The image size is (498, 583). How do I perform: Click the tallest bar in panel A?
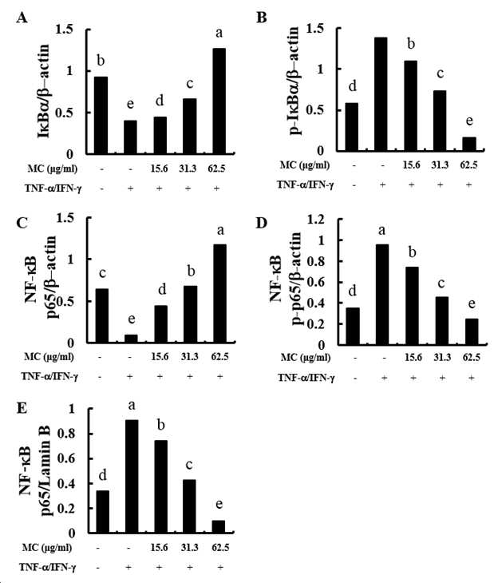tap(219, 101)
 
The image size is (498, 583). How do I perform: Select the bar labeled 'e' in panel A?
tap(130, 137)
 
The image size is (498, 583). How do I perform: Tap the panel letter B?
tap(262, 18)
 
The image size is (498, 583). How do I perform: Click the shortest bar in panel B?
tap(469, 144)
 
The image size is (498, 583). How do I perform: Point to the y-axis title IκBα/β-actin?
tap(44, 91)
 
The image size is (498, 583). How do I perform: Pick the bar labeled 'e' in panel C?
tap(131, 339)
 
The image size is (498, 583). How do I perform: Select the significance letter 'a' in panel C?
tap(220, 231)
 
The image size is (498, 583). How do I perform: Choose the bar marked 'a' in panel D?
tap(382, 295)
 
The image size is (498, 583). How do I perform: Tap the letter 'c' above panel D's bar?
tap(441, 284)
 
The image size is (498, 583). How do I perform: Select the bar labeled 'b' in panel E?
tap(160, 487)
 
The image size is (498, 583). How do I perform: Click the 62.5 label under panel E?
tap(220, 548)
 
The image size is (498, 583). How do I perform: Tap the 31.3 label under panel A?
tap(188, 169)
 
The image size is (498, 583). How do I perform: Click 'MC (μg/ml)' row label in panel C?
tap(49, 357)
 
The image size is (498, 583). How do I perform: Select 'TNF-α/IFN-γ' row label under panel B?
tap(306, 184)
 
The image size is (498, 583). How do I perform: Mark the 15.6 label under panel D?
tap(413, 358)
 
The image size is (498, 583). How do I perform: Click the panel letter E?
tap(22, 408)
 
